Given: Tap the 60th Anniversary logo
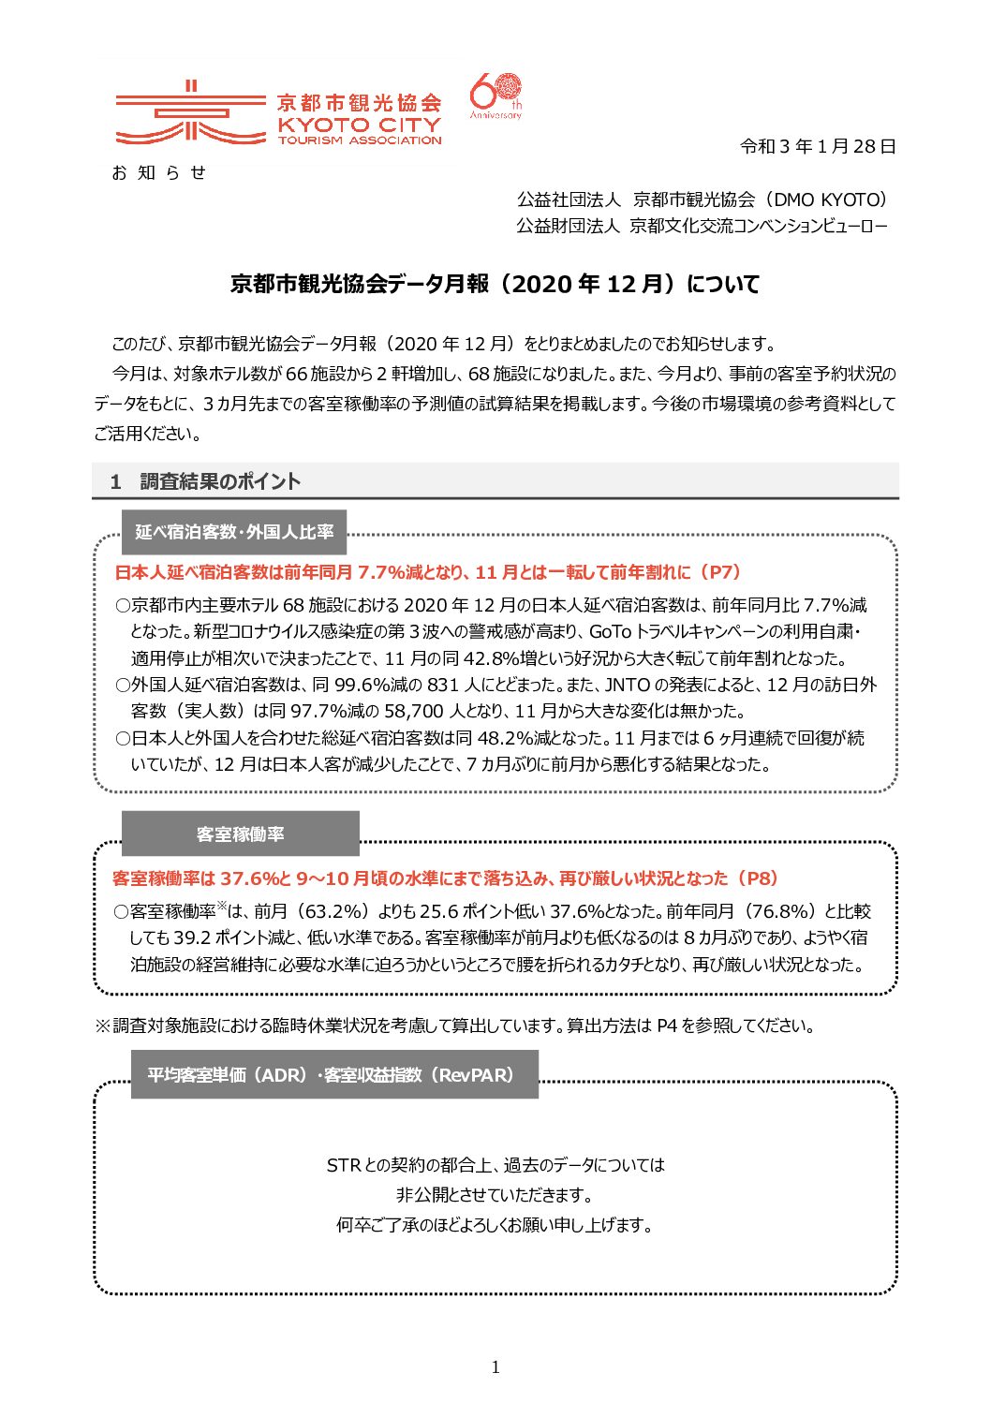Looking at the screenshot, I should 495,96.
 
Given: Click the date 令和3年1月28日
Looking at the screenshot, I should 818,146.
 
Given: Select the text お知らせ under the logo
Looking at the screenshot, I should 158,172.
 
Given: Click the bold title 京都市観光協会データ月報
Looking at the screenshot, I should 360,284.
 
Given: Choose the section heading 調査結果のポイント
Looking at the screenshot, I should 220,481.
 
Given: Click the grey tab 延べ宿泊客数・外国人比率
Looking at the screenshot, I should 234,532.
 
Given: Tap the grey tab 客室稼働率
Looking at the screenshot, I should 241,834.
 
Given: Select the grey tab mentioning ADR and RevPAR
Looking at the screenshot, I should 334,1075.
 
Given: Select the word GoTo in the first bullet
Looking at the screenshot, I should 610,631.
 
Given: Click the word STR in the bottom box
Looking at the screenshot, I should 344,1165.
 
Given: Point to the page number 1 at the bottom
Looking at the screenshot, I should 495,1367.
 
